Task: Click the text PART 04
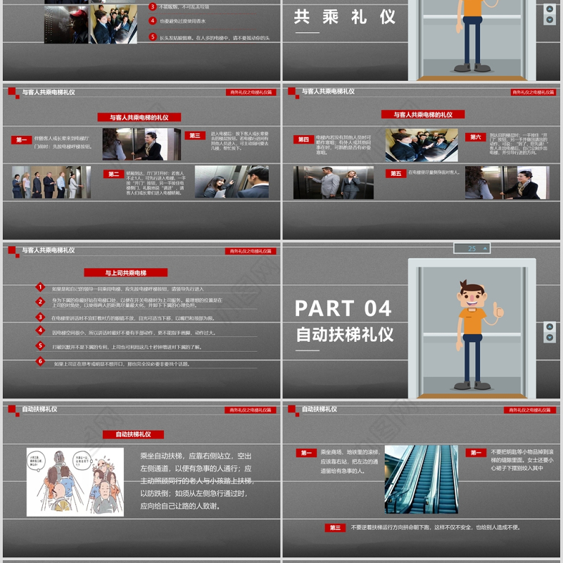(343, 308)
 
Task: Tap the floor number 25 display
(472, 248)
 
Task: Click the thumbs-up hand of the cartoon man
(499, 309)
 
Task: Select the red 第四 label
(303, 139)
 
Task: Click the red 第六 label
(476, 137)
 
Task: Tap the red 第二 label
(113, 174)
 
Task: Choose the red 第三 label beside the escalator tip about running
(335, 527)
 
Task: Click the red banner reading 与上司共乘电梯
(126, 272)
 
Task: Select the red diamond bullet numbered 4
(41, 331)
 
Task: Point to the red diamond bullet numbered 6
(41, 362)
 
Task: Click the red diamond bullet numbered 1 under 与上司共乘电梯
(41, 287)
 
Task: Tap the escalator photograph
(422, 479)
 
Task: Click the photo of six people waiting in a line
(51, 182)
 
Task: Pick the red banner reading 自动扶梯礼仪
(133, 434)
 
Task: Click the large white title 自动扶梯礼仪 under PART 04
(345, 334)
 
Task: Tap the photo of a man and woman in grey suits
(334, 182)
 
